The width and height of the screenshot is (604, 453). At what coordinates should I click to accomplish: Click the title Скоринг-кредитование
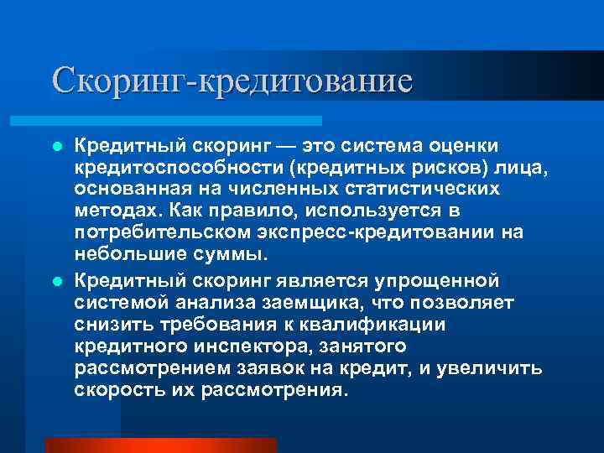click(232, 81)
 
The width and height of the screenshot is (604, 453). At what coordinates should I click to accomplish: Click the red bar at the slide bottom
click(160, 445)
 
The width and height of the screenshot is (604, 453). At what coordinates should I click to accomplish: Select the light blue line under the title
click(185, 121)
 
